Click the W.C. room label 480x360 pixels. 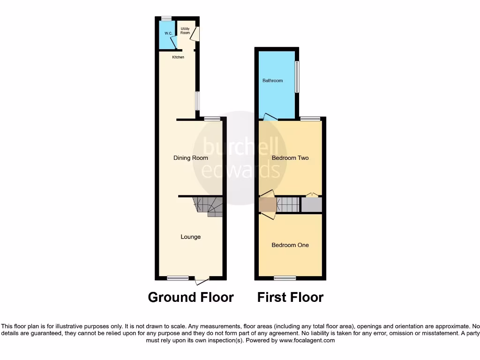click(x=168, y=33)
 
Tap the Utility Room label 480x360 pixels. click(x=185, y=31)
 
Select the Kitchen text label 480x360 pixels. click(x=178, y=57)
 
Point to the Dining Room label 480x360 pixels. click(x=191, y=158)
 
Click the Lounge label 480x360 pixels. click(x=191, y=237)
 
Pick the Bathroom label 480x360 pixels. click(x=272, y=81)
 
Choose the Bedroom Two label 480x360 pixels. click(x=290, y=158)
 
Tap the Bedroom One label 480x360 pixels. click(x=290, y=245)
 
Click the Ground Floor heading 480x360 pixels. click(x=191, y=297)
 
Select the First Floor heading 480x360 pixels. click(x=290, y=297)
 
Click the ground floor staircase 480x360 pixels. click(x=209, y=206)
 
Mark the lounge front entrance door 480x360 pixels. click(x=202, y=281)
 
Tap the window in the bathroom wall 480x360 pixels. click(x=297, y=76)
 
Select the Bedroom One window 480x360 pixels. click(x=285, y=278)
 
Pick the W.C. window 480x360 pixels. click(x=166, y=18)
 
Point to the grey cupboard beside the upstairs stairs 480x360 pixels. click(x=311, y=205)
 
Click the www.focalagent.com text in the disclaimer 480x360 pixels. click(x=307, y=341)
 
